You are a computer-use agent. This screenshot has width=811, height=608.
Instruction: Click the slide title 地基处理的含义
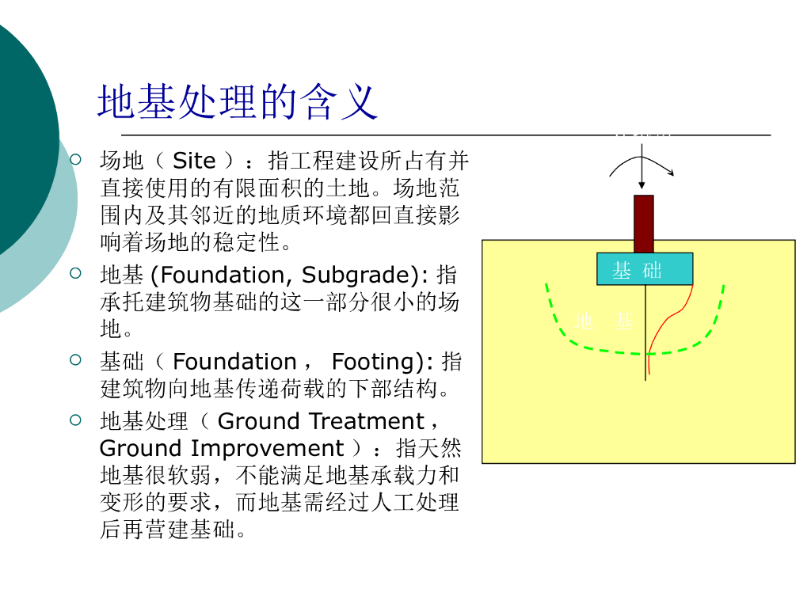click(237, 102)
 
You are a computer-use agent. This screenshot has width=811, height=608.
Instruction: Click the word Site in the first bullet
click(194, 161)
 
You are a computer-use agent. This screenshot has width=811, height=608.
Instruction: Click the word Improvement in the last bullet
click(268, 448)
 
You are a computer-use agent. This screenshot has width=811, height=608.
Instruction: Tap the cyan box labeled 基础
click(644, 269)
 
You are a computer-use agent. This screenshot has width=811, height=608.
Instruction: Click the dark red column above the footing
click(644, 223)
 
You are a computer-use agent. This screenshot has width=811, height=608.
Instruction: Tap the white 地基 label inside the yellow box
click(603, 321)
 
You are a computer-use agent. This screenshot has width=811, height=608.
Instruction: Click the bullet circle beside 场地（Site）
click(76, 160)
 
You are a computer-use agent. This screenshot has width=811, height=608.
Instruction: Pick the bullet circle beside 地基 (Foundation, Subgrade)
click(76, 274)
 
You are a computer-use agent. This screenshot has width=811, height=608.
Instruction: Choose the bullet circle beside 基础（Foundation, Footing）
click(76, 361)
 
